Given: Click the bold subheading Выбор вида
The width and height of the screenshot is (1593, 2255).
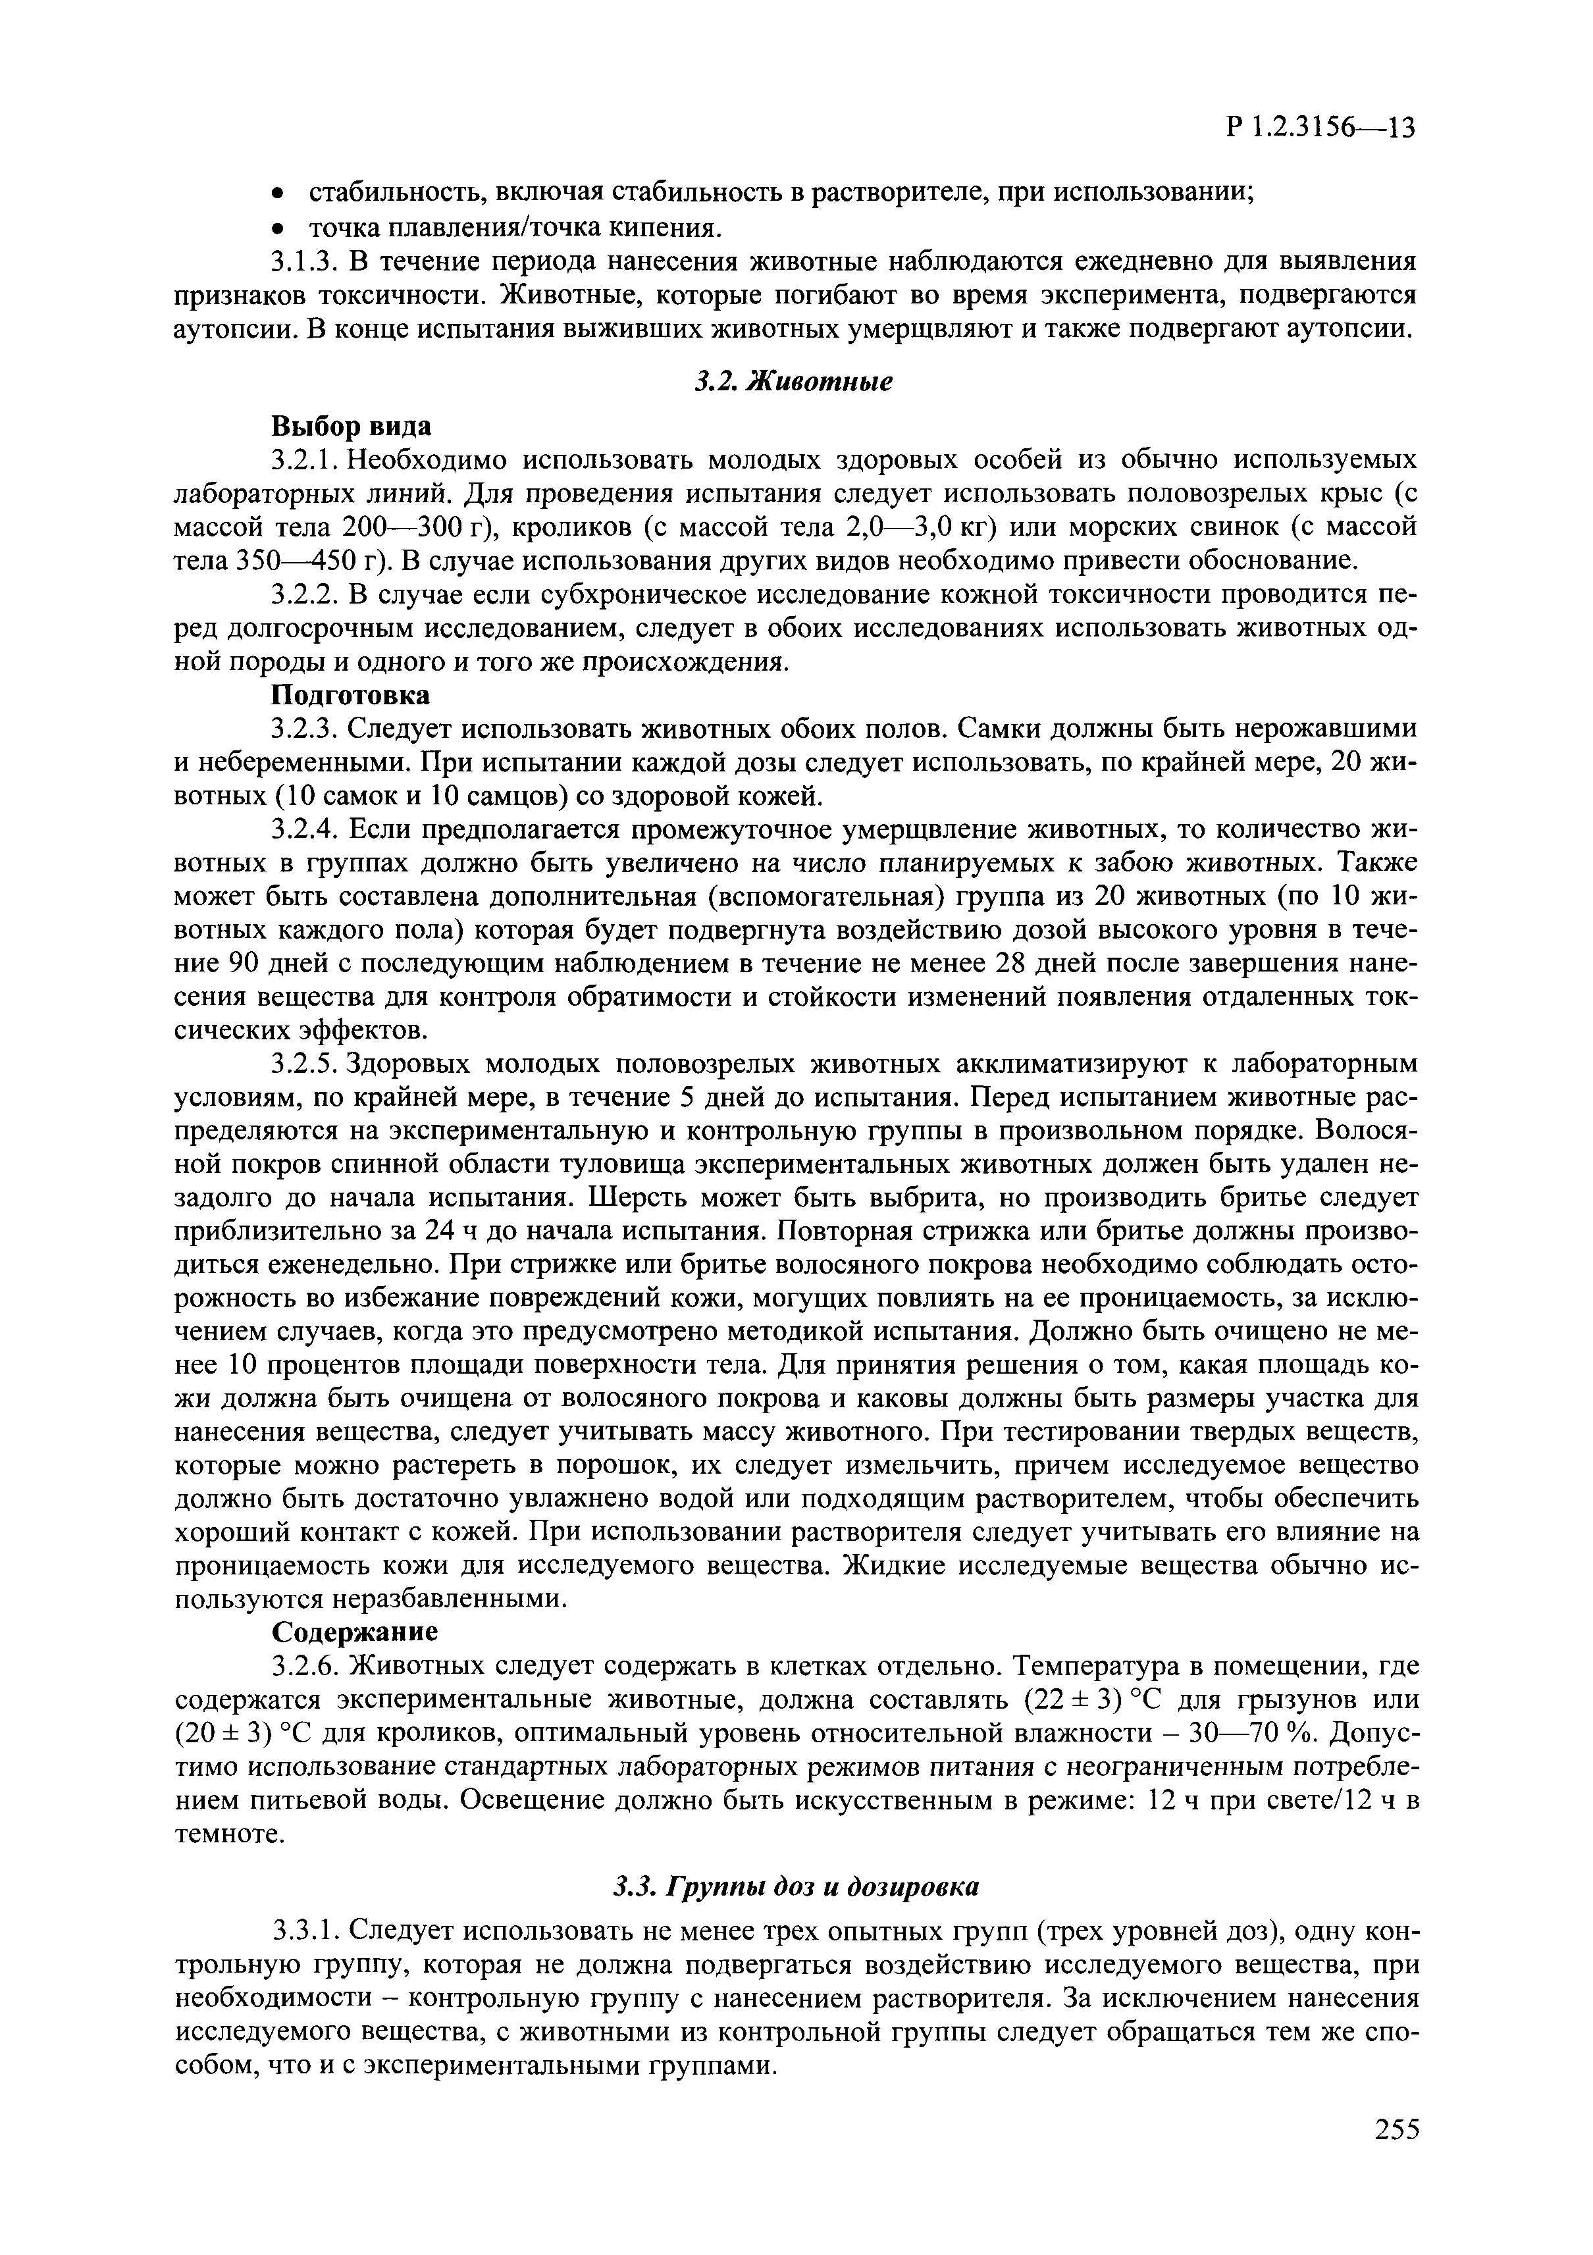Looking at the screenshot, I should pos(351,427).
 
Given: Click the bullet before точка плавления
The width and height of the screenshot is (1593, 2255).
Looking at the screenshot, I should pos(279,230).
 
